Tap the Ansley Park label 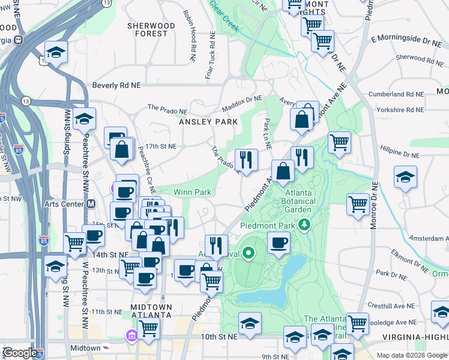pos(208,121)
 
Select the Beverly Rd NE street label pos(116,86)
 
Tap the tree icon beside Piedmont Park pos(306,225)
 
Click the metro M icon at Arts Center pos(91,203)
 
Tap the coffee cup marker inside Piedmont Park pos(279,243)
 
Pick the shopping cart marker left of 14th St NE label pos(75,243)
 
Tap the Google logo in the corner pos(20,353)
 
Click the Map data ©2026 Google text pos(411,355)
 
